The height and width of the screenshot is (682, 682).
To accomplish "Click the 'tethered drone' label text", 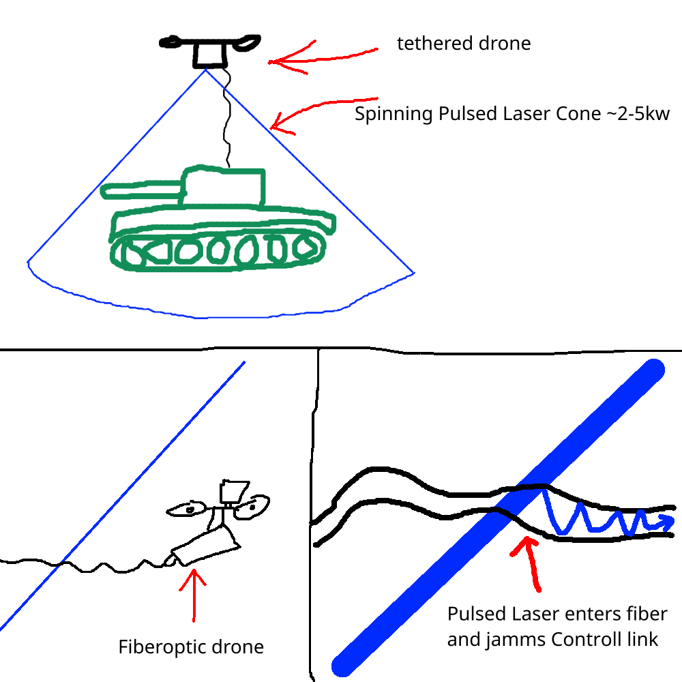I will pyautogui.click(x=464, y=44).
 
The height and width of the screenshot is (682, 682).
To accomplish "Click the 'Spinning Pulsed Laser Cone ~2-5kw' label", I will pyautogui.click(x=512, y=114).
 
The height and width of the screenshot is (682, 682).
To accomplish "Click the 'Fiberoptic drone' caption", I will pyautogui.click(x=191, y=647).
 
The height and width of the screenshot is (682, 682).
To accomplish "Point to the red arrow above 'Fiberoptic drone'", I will pyautogui.click(x=195, y=593).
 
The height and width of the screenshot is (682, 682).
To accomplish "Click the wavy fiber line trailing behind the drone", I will pyautogui.click(x=102, y=566).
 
